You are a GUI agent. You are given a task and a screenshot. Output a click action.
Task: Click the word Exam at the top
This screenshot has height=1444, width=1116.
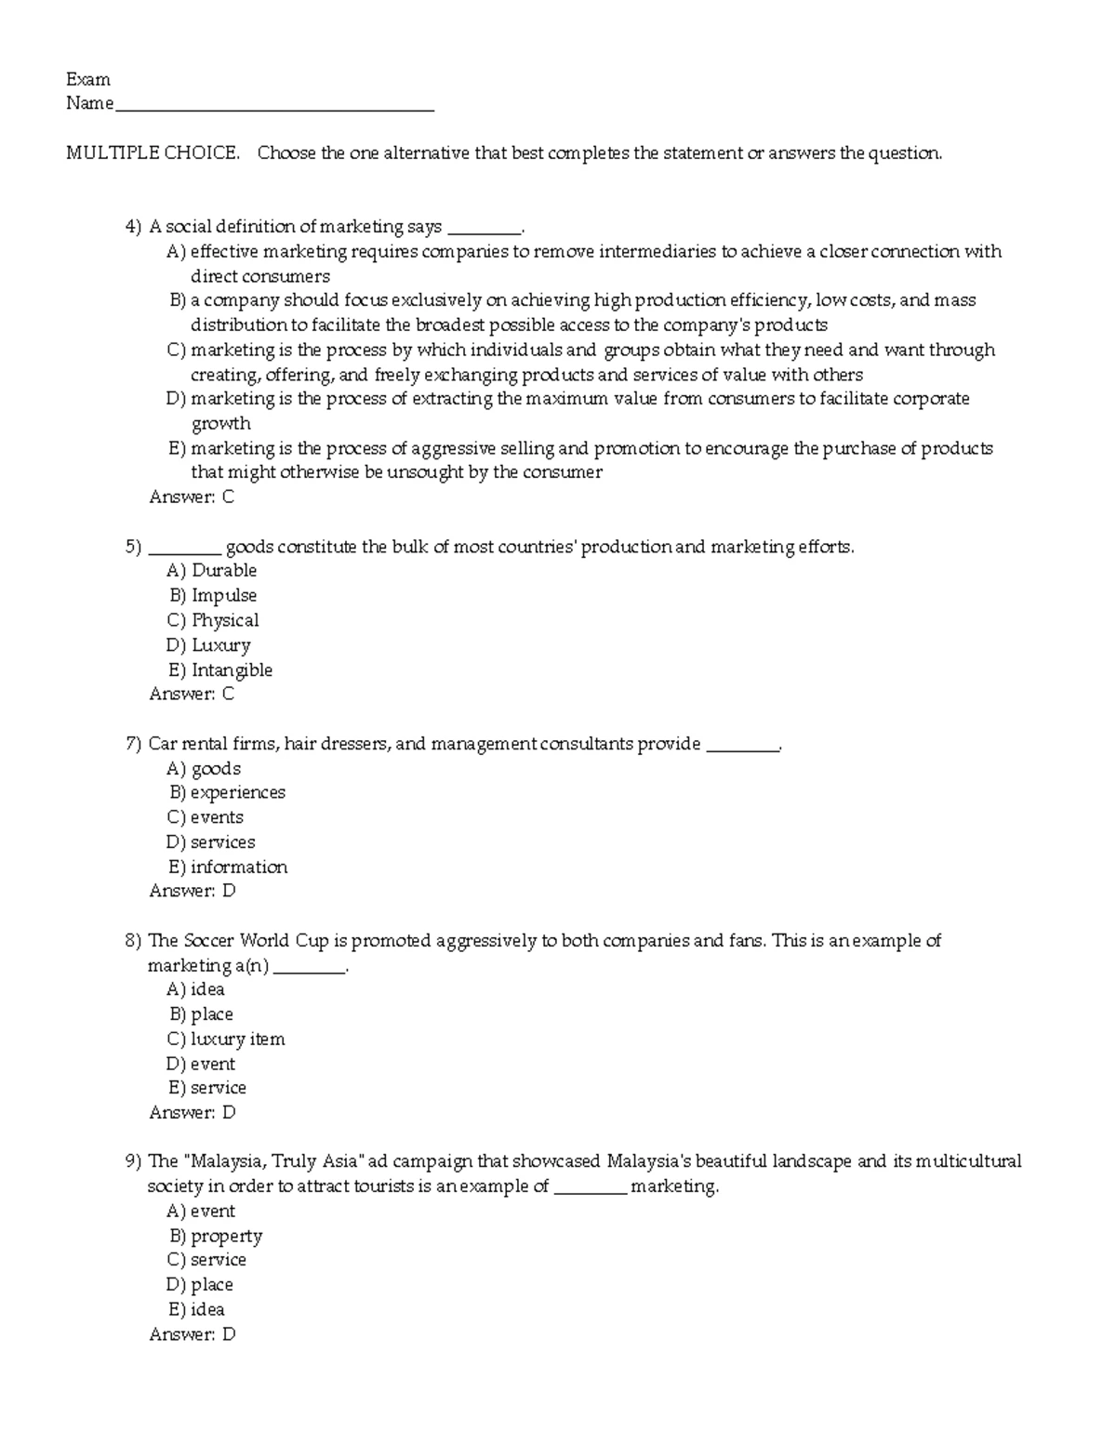pyautogui.click(x=88, y=79)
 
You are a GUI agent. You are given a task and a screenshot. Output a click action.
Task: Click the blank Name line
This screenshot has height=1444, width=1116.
pyautogui.click(x=273, y=104)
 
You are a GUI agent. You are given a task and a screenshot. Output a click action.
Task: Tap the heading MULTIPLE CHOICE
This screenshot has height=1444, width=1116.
pyautogui.click(x=153, y=152)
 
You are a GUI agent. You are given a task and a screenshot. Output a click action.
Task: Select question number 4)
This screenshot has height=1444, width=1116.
pyautogui.click(x=133, y=226)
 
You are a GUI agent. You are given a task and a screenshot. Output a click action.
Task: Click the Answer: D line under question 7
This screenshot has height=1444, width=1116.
pyautogui.click(x=193, y=891)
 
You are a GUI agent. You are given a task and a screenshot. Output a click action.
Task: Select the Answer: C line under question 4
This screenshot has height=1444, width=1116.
pyautogui.click(x=192, y=497)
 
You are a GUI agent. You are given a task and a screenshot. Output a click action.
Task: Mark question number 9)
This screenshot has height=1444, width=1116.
pyautogui.click(x=133, y=1161)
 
